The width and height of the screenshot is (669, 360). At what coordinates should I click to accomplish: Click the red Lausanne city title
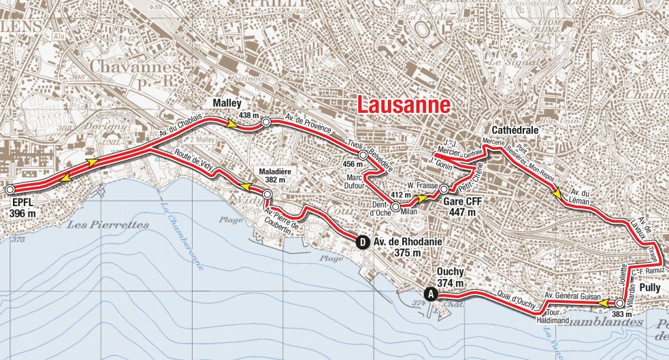click(404, 105)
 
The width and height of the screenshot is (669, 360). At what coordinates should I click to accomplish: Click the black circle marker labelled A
click(429, 294)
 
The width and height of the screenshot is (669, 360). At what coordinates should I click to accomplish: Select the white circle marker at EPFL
click(10, 189)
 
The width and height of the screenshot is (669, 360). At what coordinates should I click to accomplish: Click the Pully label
click(647, 288)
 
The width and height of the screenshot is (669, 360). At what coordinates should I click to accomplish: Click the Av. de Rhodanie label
click(406, 240)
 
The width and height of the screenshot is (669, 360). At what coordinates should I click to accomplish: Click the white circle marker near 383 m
click(619, 304)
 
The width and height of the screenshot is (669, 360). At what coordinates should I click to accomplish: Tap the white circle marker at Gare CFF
click(443, 189)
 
